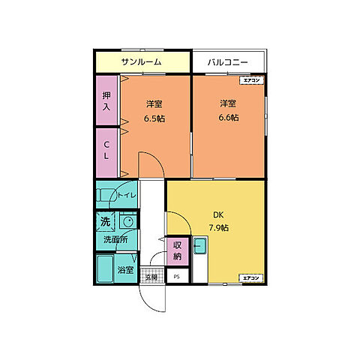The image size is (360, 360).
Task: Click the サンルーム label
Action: point(140,62)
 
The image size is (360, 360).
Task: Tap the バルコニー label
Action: point(229,62)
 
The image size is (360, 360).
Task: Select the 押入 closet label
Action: point(106,101)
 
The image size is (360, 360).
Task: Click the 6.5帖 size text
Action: point(155,118)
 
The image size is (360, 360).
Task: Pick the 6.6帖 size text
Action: point(229,118)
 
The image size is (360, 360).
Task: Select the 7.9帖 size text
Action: point(219,227)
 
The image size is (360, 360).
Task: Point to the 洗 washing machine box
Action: point(105,222)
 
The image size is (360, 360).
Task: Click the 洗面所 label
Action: point(116,241)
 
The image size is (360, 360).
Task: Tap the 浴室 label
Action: point(124,269)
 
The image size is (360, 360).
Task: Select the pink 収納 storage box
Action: point(178,250)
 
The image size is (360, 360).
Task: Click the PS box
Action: point(177,276)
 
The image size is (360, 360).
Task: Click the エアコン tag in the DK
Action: point(251,278)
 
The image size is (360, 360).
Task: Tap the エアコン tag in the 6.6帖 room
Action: point(251,79)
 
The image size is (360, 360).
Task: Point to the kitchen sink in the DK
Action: point(200,244)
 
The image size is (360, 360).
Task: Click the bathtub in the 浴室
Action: point(103,269)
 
